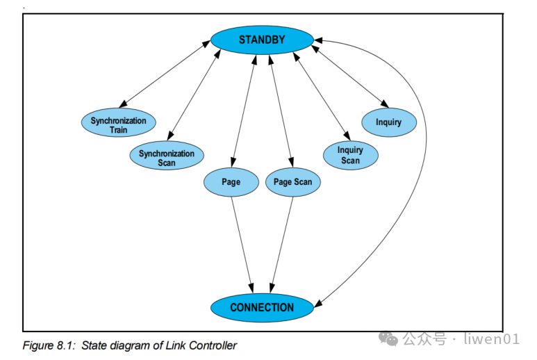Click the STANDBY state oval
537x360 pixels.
click(x=262, y=40)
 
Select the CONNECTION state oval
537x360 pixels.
click(x=262, y=307)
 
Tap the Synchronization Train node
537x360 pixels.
click(x=118, y=125)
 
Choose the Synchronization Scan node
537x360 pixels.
click(x=167, y=158)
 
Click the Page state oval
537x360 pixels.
click(x=231, y=182)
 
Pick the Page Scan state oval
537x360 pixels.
click(x=292, y=182)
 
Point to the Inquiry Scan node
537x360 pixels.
click(x=350, y=155)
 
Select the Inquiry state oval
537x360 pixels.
click(x=388, y=122)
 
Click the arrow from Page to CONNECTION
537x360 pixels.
click(x=240, y=243)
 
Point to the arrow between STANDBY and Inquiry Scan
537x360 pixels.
click(x=322, y=94)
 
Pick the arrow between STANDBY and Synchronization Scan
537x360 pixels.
click(x=195, y=94)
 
